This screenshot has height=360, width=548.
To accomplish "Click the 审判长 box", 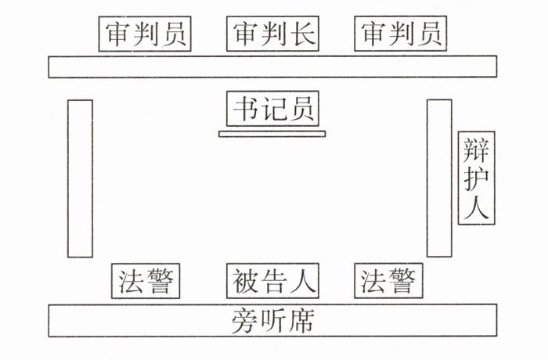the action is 272,34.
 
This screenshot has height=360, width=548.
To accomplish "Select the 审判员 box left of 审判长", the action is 146,34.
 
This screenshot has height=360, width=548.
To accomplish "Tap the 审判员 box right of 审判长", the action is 401,34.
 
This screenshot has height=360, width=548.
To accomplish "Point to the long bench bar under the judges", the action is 272,67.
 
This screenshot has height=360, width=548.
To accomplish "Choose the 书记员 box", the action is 272,109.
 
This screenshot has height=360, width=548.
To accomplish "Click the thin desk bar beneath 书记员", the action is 272,134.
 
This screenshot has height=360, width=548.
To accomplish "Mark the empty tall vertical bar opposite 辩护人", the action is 80,178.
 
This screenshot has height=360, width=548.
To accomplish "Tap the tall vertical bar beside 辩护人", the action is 439,178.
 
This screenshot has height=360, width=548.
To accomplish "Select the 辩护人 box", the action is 476,177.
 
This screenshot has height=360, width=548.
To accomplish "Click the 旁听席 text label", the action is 272,321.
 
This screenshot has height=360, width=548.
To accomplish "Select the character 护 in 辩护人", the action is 476,178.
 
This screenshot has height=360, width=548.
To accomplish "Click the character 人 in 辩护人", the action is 476,207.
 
